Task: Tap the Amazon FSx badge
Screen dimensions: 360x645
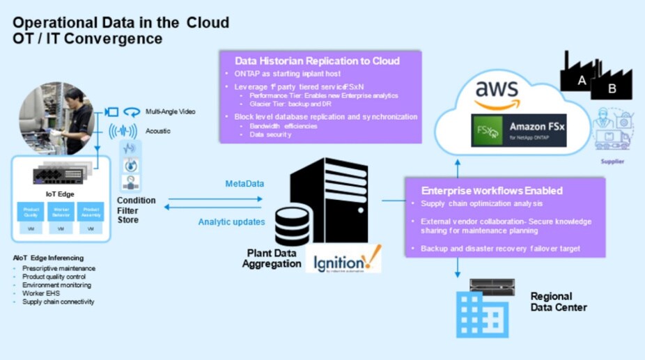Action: (518, 130)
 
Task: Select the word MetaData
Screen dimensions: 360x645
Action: (244, 184)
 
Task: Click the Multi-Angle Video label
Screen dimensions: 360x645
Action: (170, 111)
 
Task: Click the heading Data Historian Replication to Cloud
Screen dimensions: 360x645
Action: (317, 61)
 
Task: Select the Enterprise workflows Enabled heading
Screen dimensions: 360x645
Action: (492, 190)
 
